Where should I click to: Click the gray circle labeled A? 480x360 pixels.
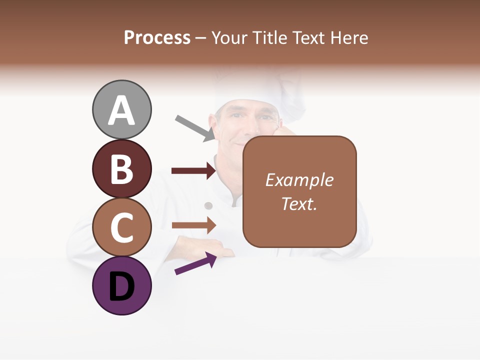coord(121,109)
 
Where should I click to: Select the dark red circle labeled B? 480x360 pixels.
coord(121,168)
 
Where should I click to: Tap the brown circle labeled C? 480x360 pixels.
coord(121,227)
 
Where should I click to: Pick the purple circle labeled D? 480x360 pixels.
coord(121,285)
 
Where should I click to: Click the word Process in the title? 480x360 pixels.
coord(157,38)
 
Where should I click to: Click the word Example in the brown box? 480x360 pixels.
coord(299,180)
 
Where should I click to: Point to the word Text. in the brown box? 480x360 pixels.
coord(299,203)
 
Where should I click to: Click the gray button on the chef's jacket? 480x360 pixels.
coord(209,205)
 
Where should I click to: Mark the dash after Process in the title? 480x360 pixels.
coord(201,38)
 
